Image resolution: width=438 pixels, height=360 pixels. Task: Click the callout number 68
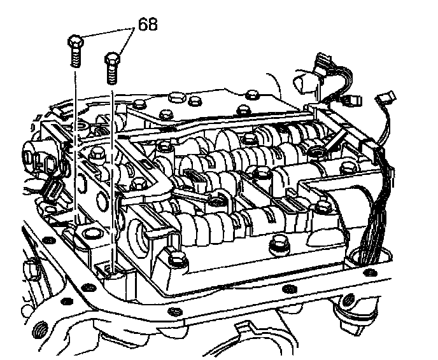click(148, 24)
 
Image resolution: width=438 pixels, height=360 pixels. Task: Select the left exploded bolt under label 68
click(75, 51)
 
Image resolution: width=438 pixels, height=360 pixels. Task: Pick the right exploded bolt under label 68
click(112, 68)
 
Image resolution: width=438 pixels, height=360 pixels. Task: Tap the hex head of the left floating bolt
click(75, 41)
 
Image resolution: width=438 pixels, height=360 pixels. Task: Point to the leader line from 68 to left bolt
click(107, 32)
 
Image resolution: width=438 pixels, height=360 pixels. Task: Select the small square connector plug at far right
click(386, 98)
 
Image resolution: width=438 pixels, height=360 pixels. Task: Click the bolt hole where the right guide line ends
click(109, 270)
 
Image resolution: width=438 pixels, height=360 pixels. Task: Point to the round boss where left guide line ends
click(90, 233)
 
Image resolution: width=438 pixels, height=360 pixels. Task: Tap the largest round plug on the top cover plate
click(177, 98)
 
